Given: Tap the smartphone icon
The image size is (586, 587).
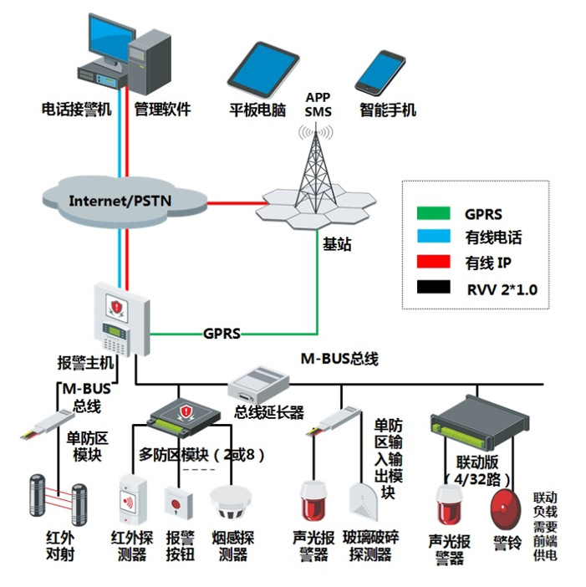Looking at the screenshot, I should pyautogui.click(x=380, y=72).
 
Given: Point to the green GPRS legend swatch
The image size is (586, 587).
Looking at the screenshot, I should pyautogui.click(x=435, y=213).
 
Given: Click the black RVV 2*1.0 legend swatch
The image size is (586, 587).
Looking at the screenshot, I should pyautogui.click(x=435, y=289).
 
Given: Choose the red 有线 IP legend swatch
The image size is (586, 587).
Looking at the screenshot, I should pyautogui.click(x=435, y=263).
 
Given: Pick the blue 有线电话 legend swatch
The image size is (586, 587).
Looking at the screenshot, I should pyautogui.click(x=435, y=238).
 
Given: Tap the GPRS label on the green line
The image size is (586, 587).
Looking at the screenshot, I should pyautogui.click(x=222, y=334).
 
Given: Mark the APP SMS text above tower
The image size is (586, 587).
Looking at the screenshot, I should pyautogui.click(x=318, y=104).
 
